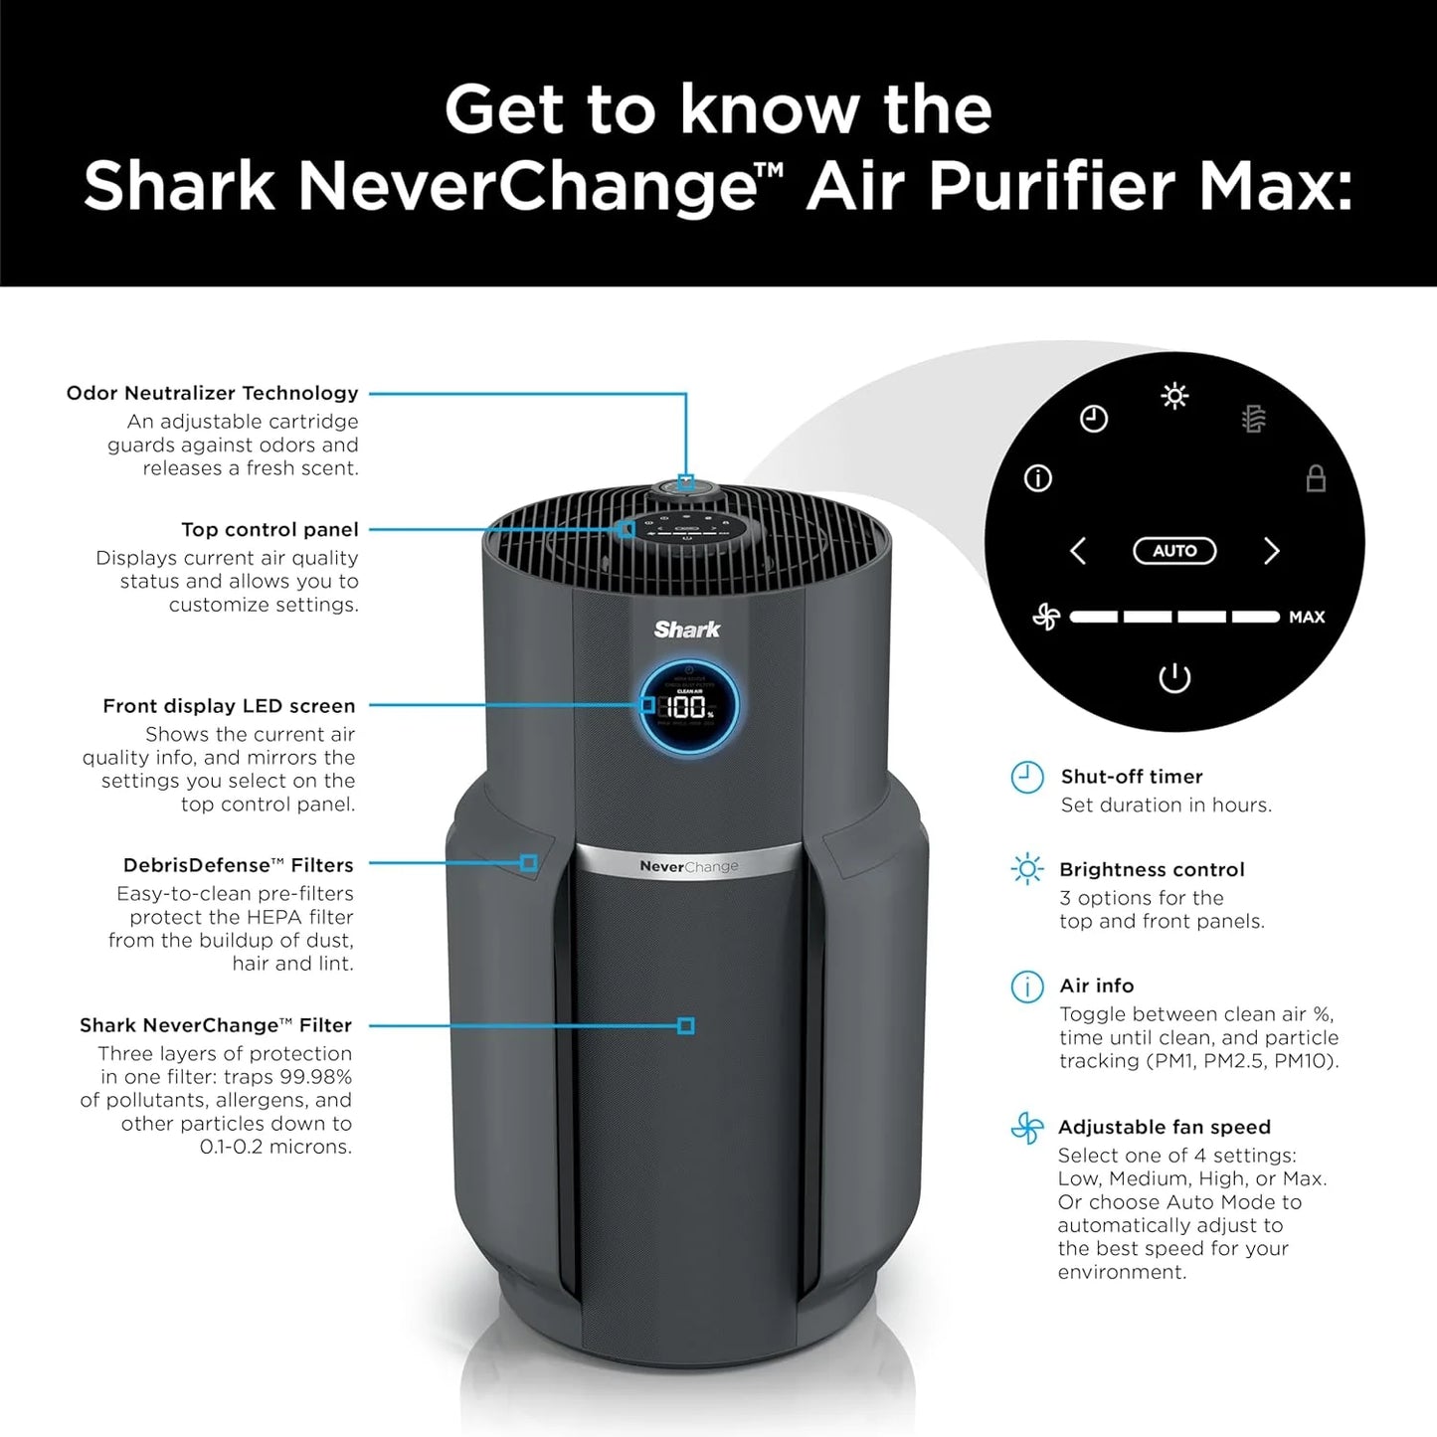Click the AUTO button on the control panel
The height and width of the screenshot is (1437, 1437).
click(x=1174, y=551)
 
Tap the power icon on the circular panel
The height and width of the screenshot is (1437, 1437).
click(x=1174, y=678)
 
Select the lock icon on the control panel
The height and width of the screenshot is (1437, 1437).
click(x=1316, y=478)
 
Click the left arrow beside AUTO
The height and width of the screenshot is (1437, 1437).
click(x=1078, y=551)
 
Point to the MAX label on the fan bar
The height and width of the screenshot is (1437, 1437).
click(x=1307, y=618)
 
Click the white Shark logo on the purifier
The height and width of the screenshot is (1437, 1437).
click(x=687, y=629)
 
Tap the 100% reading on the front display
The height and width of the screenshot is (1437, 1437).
click(x=687, y=708)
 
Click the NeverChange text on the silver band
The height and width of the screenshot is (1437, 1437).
click(x=689, y=866)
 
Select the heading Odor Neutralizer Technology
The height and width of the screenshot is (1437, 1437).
click(x=212, y=393)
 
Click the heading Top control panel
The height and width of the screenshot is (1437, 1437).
click(x=269, y=530)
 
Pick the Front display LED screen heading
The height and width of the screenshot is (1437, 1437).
click(x=229, y=706)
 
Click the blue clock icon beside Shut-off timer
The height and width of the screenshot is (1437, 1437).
click(x=1027, y=778)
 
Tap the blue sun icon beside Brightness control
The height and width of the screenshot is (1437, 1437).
click(x=1027, y=870)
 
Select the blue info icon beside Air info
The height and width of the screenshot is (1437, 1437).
click(x=1027, y=987)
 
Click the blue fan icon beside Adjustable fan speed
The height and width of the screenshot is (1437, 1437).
click(x=1027, y=1128)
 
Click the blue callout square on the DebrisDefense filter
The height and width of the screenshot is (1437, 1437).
click(x=529, y=863)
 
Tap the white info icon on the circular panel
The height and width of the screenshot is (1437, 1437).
click(x=1038, y=479)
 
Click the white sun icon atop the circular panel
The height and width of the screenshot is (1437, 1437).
click(x=1174, y=397)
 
